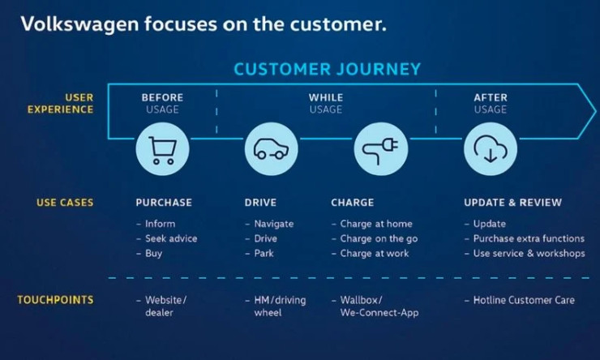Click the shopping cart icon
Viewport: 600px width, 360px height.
tap(163, 149)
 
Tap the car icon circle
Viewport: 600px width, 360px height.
tap(272, 149)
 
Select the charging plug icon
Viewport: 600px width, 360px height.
tap(381, 149)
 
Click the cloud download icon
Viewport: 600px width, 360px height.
tap(491, 149)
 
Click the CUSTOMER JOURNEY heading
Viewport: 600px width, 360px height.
tap(328, 69)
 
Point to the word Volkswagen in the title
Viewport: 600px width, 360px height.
tap(79, 24)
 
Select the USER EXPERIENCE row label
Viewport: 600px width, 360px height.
tap(61, 103)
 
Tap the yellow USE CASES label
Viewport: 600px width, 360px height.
tap(65, 203)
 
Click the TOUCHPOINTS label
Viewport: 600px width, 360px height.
tap(55, 299)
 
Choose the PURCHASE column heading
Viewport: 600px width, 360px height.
tap(164, 203)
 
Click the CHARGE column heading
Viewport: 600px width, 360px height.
tap(353, 203)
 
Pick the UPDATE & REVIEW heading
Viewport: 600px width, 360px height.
tap(512, 203)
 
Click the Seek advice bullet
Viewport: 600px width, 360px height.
tap(167, 238)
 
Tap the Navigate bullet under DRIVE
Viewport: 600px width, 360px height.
tap(269, 224)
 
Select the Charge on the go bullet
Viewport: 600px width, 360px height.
tap(375, 238)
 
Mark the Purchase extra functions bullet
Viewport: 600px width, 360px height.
tap(525, 238)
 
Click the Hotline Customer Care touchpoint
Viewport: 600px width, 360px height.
tap(520, 300)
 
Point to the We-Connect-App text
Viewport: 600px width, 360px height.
tap(379, 312)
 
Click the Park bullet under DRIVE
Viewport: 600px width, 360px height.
tap(259, 253)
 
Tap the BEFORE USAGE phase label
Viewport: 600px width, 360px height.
tap(162, 103)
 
